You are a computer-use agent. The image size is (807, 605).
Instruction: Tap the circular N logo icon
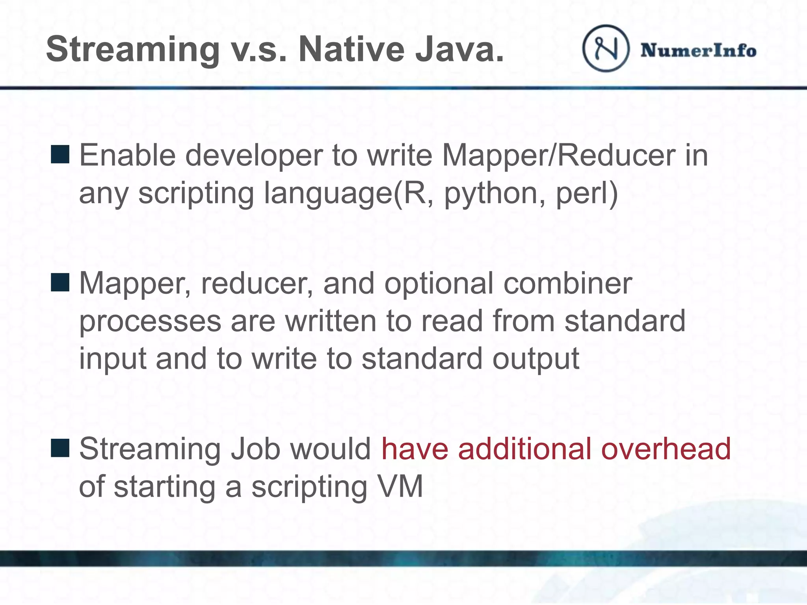(x=606, y=48)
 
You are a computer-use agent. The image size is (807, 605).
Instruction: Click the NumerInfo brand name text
(x=698, y=51)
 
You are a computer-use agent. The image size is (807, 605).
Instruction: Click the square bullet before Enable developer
(x=60, y=154)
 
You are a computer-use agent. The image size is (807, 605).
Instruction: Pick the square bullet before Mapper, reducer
(x=60, y=282)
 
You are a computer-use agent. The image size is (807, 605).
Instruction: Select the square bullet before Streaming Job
(x=60, y=448)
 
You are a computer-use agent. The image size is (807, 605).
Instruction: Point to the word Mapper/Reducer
(x=559, y=155)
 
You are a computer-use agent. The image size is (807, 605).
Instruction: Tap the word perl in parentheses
(x=583, y=193)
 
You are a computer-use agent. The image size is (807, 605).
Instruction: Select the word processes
(x=150, y=321)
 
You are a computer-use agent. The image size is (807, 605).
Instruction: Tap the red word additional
(x=524, y=449)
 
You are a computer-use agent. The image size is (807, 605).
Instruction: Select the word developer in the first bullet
(x=254, y=156)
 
